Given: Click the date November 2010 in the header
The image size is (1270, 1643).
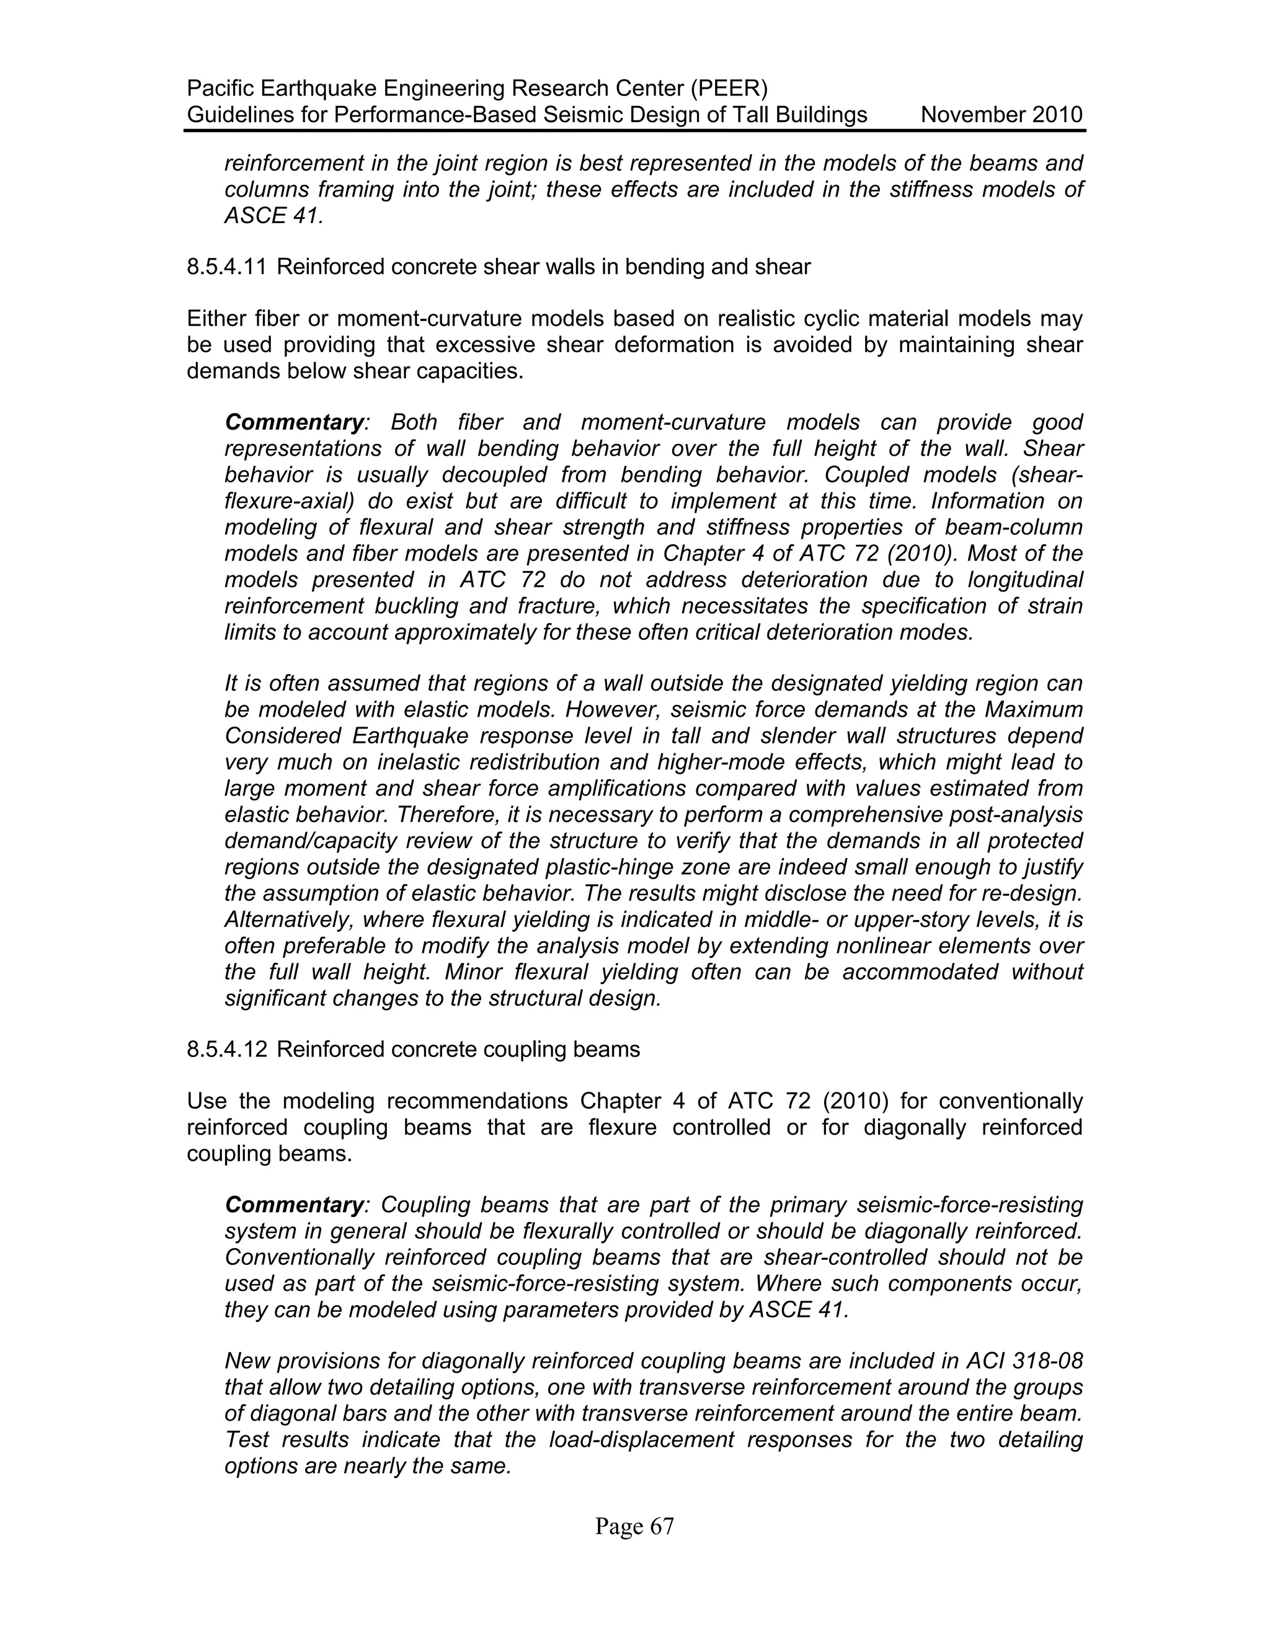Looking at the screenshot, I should tap(1001, 115).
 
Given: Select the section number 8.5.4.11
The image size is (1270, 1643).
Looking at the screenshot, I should tap(226, 267).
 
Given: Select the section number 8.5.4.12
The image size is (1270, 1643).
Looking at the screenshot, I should tap(226, 1050).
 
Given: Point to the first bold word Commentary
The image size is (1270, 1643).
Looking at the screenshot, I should tap(294, 423).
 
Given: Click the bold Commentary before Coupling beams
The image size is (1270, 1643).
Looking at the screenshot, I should tap(294, 1205).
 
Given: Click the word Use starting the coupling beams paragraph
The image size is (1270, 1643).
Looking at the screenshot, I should tap(206, 1101).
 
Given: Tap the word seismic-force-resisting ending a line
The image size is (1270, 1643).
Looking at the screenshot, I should tap(970, 1205).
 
